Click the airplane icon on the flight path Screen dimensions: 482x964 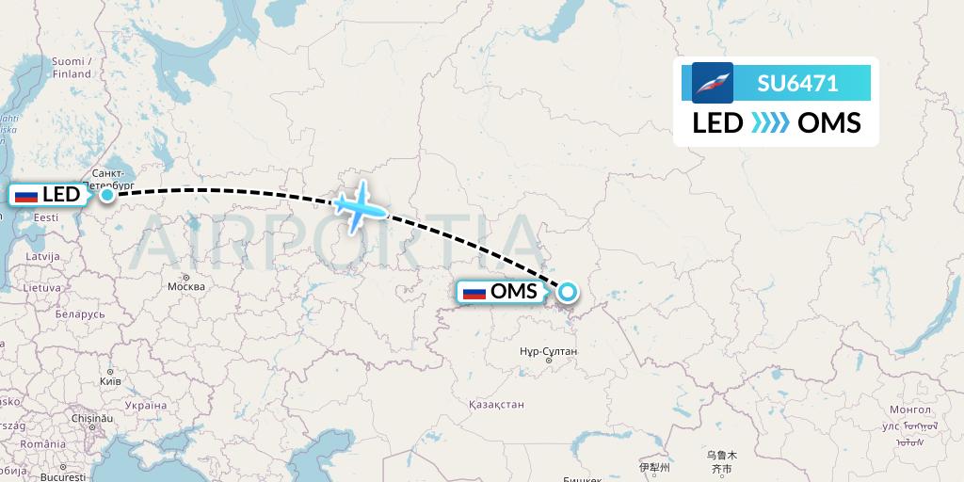359,204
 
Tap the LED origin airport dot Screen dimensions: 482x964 107,195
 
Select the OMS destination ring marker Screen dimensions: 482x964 568,291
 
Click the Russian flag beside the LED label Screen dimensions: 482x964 26,196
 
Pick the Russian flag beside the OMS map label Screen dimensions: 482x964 474,292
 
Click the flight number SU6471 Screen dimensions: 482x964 797,83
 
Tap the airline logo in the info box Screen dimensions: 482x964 713,83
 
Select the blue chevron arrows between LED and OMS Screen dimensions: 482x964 770,123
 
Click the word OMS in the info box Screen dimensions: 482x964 828,123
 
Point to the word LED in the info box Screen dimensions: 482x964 717,123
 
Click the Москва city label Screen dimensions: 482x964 185,286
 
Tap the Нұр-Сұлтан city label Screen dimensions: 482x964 547,350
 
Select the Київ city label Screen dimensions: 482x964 111,383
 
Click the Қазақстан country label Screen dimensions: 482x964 496,404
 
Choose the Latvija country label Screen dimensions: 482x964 42,256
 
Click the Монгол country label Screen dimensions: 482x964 909,410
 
